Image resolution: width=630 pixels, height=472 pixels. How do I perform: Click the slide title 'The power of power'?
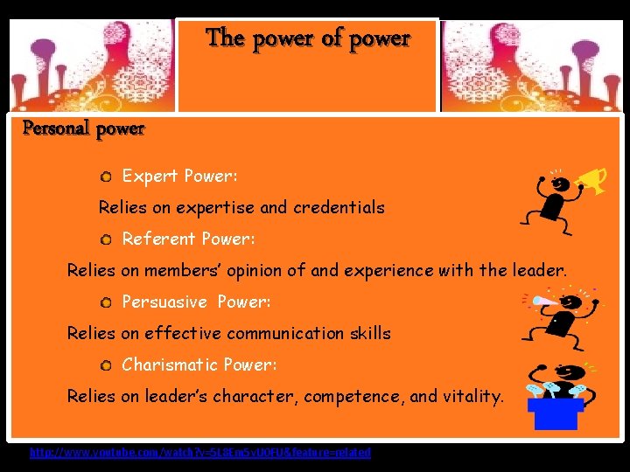(x=307, y=38)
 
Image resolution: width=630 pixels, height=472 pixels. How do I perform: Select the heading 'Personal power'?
(x=83, y=129)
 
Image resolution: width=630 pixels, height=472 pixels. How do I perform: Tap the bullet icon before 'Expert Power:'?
(x=105, y=177)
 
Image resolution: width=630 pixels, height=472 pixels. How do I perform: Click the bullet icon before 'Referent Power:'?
(x=105, y=239)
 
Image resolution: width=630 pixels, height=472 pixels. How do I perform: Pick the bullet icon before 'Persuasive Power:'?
(x=105, y=302)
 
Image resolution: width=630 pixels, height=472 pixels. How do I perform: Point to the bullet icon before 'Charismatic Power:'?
(x=105, y=365)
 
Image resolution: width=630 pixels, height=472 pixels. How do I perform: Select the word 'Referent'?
(x=158, y=239)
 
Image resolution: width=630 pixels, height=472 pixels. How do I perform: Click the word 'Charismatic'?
(x=170, y=364)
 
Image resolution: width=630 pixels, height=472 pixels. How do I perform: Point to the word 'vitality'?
(x=470, y=396)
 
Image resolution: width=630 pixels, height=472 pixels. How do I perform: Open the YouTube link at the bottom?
(x=200, y=453)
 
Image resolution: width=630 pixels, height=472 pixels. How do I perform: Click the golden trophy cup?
(x=598, y=180)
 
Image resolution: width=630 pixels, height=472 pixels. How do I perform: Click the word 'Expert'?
(x=150, y=177)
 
